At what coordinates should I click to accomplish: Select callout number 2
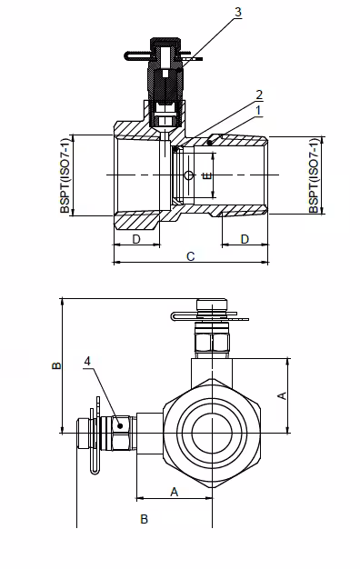(234, 95)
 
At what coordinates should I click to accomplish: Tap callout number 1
(234, 110)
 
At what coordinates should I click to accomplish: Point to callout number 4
(88, 361)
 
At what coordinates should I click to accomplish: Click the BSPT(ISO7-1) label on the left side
(65, 175)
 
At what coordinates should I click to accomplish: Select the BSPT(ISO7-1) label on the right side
(314, 175)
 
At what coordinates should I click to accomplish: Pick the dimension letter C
(190, 257)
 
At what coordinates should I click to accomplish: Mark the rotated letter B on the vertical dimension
(55, 366)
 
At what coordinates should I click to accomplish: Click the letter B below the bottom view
(143, 519)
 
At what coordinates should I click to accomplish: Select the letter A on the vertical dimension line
(281, 395)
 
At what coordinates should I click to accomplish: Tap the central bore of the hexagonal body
(211, 428)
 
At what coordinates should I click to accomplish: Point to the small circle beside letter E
(188, 175)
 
